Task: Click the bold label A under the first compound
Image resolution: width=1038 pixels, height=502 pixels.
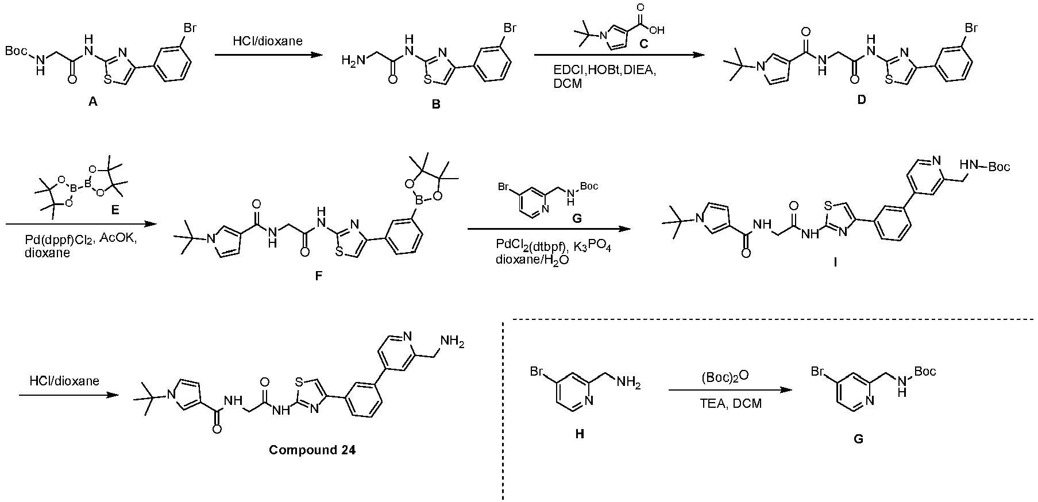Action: [93, 102]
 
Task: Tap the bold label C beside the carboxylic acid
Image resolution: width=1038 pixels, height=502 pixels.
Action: [643, 44]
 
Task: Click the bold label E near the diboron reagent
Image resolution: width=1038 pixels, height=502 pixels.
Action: [115, 210]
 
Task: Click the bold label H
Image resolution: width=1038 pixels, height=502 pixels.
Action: [580, 434]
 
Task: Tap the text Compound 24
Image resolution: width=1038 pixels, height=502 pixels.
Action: [312, 450]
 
